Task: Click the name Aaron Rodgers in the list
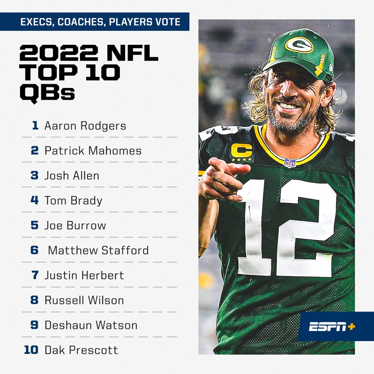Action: (85, 126)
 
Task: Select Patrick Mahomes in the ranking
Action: (93, 151)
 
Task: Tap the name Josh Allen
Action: (72, 176)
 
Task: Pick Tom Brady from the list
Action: (73, 201)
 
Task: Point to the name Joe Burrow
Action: (75, 225)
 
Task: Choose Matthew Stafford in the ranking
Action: (98, 250)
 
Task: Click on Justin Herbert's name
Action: (84, 275)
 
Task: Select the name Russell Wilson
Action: (84, 300)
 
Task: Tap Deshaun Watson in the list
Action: (91, 325)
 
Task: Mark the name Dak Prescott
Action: (81, 350)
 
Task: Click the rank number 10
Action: (31, 350)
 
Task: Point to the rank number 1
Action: (35, 126)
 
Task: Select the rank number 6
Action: (35, 250)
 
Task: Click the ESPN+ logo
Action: (332, 327)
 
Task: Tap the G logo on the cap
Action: (299, 45)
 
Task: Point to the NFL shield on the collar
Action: (290, 163)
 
